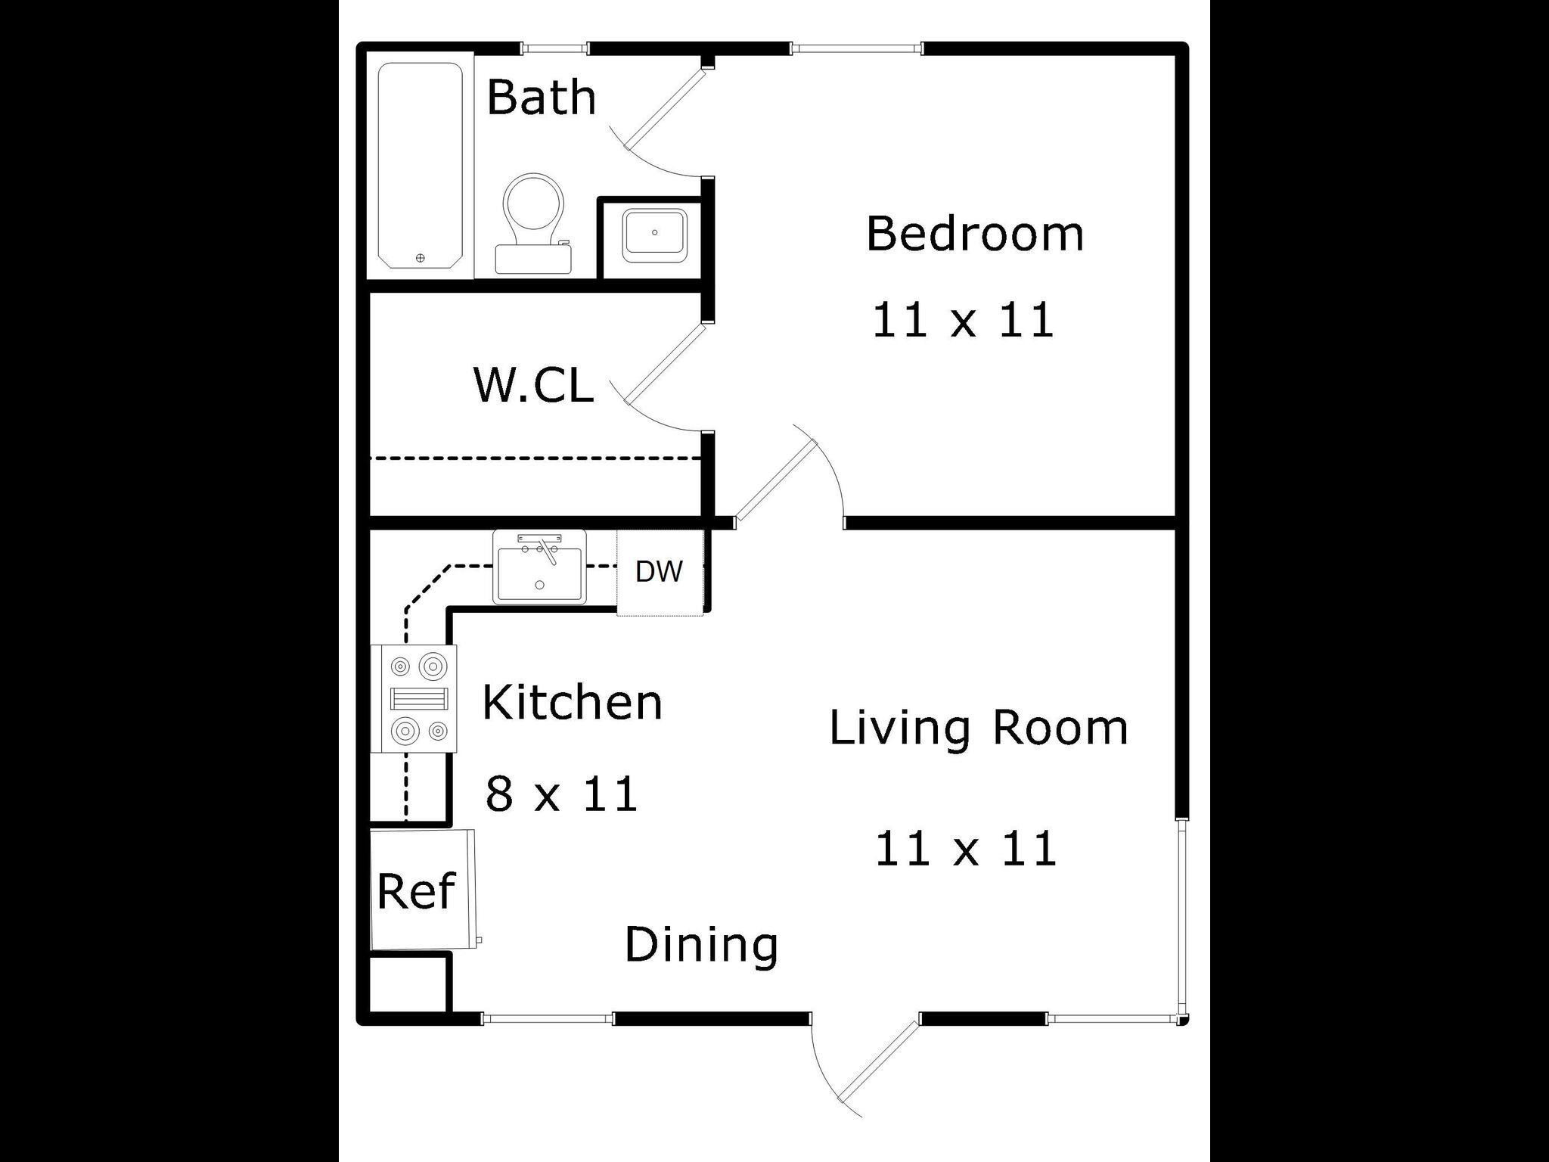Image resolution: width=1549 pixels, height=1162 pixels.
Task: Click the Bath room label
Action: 541,98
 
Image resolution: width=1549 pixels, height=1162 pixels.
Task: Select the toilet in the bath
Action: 534,219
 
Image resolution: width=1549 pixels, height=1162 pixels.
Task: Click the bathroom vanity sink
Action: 653,235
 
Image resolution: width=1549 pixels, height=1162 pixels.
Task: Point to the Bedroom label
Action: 974,234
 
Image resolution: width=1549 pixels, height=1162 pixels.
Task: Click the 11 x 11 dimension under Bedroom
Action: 963,319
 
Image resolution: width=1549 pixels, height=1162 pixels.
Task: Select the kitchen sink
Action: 539,567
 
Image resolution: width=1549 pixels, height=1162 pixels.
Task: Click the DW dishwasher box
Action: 660,572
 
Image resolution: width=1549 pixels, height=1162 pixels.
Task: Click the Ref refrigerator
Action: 418,890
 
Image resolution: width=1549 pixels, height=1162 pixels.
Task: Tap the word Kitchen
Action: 572,703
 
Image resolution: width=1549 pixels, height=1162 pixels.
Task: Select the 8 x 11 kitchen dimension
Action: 561,794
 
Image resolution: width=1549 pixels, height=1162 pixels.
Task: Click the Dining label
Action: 701,945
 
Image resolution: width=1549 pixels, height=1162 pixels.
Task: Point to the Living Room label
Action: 979,728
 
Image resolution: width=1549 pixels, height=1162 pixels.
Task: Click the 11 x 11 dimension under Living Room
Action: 966,849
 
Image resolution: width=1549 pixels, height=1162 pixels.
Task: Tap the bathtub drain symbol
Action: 421,258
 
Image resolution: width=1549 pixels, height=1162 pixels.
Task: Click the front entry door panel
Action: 877,1062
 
